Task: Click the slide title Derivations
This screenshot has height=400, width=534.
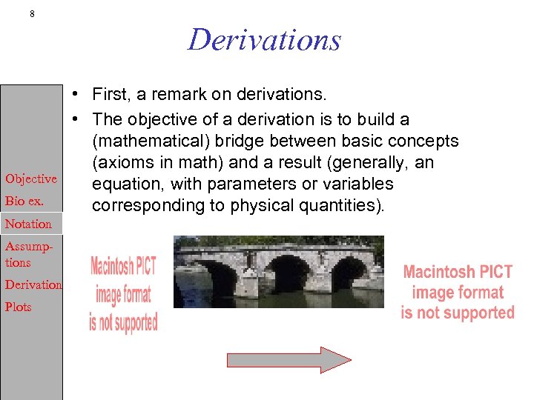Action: click(264, 39)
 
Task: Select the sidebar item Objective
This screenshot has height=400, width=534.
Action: click(30, 179)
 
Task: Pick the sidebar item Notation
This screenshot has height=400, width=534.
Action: click(28, 224)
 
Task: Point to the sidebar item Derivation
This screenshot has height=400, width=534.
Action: click(33, 284)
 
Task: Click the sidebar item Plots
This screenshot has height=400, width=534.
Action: click(19, 307)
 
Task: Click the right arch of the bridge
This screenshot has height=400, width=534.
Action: click(348, 273)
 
